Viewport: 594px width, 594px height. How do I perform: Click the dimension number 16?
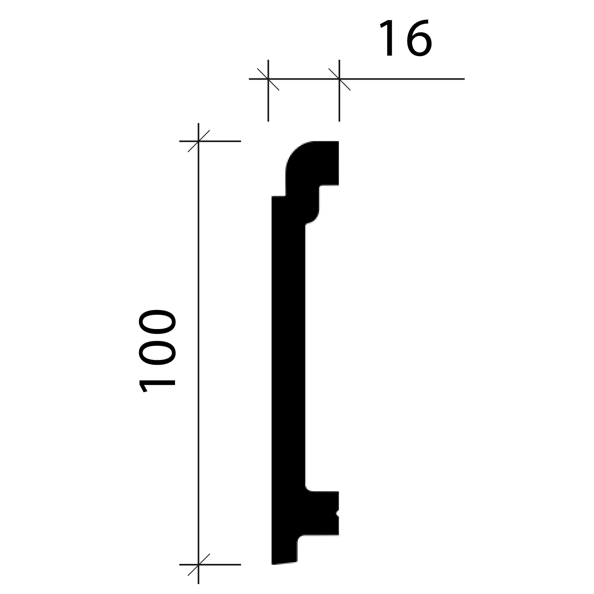click(405, 39)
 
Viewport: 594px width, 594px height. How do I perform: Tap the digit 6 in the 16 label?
click(416, 39)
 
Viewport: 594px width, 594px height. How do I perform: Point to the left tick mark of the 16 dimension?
click(268, 79)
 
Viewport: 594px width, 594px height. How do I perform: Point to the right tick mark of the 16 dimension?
click(339, 79)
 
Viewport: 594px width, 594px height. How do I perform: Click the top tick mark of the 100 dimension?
click(198, 141)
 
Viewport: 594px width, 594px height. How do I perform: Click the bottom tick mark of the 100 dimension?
click(198, 564)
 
